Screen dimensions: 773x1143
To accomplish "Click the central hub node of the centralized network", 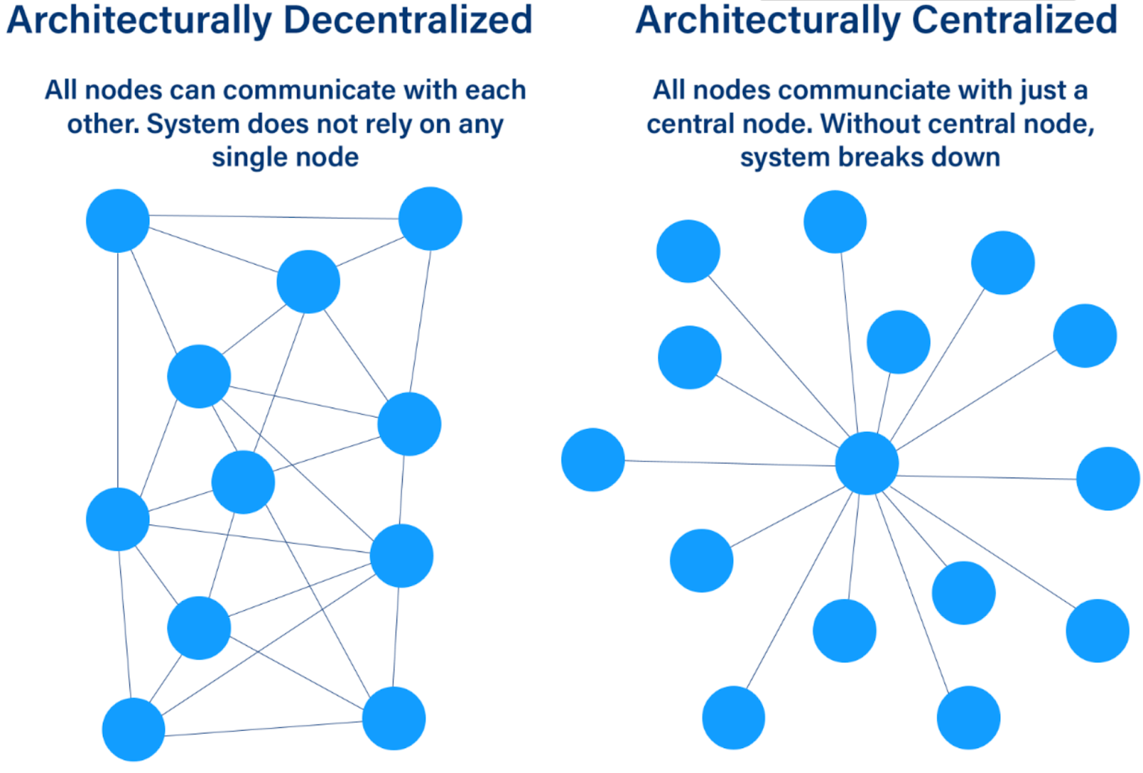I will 867,463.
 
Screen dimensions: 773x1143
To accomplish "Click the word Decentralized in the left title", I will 408,20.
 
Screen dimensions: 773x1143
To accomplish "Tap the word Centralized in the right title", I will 1014,20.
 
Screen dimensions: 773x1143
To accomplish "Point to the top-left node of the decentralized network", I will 118,221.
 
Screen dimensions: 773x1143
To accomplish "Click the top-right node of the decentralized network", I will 430,218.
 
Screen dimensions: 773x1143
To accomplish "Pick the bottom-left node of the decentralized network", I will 134,729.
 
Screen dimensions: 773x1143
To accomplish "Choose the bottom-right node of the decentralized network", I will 394,718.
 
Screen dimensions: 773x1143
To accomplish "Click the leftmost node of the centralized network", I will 593,460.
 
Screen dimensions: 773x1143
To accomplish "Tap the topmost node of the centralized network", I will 835,222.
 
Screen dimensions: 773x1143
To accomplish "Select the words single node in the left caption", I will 285,157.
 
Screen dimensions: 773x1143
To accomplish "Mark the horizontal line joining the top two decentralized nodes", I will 274,217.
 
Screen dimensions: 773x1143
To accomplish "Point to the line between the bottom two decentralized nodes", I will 264,728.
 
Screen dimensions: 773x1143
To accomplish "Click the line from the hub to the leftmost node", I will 729,463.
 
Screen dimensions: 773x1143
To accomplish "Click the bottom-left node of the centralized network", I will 734,717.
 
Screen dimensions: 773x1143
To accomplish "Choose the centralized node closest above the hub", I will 899,342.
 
